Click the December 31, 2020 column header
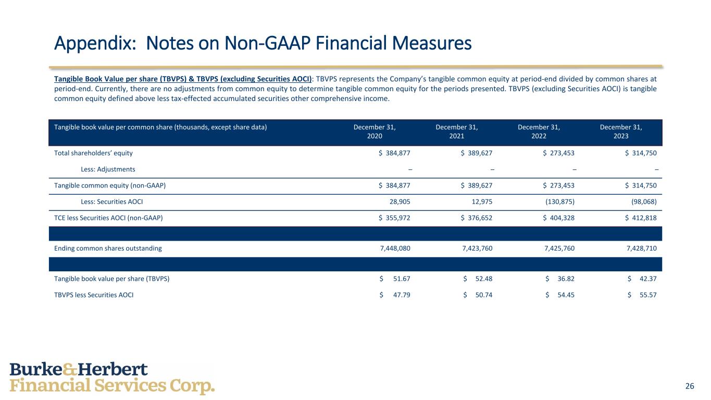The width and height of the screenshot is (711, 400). click(x=375, y=131)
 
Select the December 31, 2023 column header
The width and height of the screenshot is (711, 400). click(x=621, y=131)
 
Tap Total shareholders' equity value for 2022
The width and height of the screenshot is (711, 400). click(x=559, y=153)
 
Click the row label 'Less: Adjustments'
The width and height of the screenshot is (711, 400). click(x=108, y=169)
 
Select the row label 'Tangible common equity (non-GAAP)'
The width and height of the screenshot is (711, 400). click(x=110, y=186)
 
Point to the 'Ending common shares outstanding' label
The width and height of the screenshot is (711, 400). click(x=108, y=248)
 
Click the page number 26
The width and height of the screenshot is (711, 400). click(x=690, y=386)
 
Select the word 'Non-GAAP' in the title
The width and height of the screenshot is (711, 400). click(x=264, y=43)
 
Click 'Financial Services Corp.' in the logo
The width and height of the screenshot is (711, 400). click(x=112, y=386)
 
